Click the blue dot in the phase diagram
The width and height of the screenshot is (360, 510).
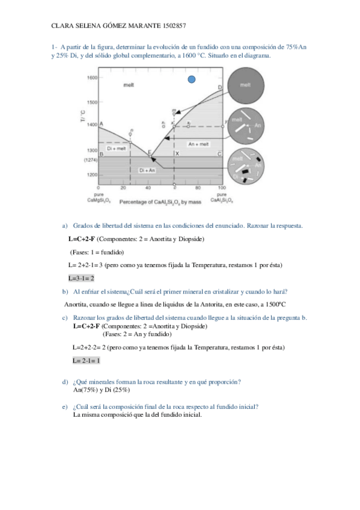point(192,79)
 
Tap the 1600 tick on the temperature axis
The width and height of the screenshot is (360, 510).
point(92,78)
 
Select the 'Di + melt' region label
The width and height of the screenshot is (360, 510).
point(116,148)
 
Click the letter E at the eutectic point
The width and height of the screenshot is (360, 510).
point(150,153)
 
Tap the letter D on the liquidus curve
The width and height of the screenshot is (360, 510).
point(219,88)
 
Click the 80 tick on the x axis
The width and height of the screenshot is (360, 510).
point(198,189)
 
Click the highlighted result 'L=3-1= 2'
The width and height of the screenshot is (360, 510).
point(81,278)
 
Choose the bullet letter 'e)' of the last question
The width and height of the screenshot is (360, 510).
point(66,407)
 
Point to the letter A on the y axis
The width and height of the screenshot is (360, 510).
point(101,124)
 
